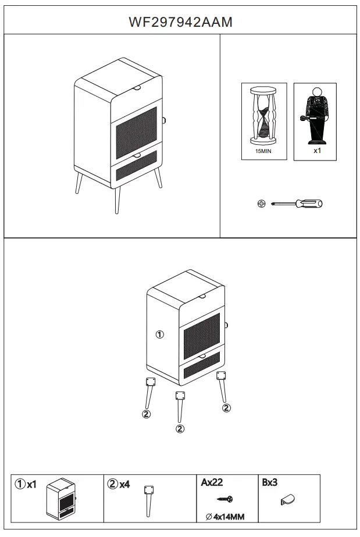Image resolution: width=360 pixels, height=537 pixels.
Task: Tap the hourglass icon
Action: [263, 115]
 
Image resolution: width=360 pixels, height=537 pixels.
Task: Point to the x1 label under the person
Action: [317, 150]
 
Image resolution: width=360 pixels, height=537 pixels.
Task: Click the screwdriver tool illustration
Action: [296, 204]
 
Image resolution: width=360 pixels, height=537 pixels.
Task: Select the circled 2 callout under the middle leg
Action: [180, 429]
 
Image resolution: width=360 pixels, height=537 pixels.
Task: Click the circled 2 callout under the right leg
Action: [226, 408]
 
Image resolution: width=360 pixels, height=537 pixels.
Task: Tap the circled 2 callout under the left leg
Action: [147, 414]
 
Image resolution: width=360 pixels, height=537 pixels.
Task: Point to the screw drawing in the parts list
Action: [225, 499]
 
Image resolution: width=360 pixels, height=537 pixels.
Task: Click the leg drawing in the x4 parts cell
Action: [149, 499]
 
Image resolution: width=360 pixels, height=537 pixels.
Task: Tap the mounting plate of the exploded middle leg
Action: [179, 396]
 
